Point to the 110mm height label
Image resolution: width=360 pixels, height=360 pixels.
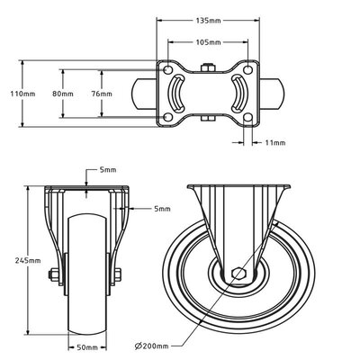click(x=10, y=94)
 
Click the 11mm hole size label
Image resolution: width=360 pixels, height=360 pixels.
click(x=275, y=142)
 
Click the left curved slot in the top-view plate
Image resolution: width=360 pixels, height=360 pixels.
click(x=176, y=93)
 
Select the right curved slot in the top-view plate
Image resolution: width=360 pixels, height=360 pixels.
click(x=240, y=93)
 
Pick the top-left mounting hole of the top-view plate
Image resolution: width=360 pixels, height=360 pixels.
click(x=166, y=68)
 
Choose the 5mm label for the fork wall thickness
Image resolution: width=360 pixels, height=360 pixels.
click(x=161, y=208)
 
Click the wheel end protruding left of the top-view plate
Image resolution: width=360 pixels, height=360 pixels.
click(x=145, y=93)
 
